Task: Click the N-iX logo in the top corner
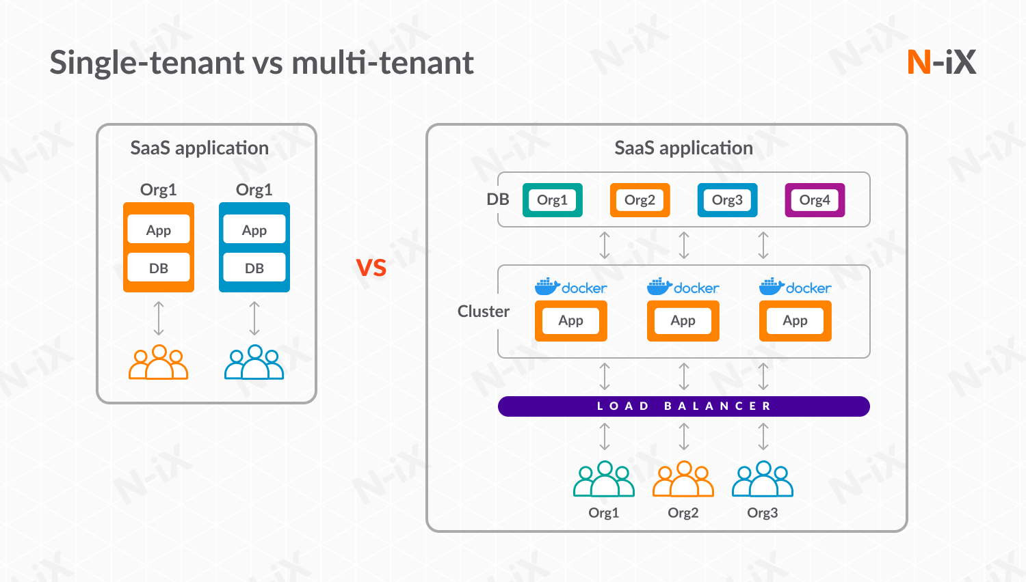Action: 941,62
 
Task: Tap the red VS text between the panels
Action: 371,268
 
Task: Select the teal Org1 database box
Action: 552,200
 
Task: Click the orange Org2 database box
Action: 640,200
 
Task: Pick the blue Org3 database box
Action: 727,200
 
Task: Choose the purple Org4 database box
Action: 815,200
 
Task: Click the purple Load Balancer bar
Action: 683,406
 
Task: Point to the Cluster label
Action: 483,311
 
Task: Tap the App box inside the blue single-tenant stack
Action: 254,230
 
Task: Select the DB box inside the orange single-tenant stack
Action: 159,268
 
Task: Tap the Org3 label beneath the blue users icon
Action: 762,513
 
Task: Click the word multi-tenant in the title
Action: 382,63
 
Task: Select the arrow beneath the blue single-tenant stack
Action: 254,318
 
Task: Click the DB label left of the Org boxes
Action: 498,199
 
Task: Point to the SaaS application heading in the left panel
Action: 199,148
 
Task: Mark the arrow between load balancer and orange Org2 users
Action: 684,436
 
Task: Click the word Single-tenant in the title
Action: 147,63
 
